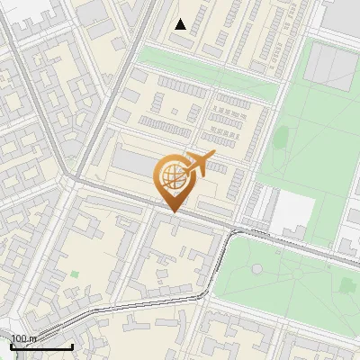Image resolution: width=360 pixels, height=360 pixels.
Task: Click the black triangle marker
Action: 181,24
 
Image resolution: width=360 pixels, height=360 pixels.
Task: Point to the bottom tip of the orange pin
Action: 173,211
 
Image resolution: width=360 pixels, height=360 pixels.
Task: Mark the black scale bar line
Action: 41,346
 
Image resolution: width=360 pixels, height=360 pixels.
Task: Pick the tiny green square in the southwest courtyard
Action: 75,274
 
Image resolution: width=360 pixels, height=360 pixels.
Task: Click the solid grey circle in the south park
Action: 256,268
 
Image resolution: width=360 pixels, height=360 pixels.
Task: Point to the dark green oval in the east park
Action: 280,138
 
